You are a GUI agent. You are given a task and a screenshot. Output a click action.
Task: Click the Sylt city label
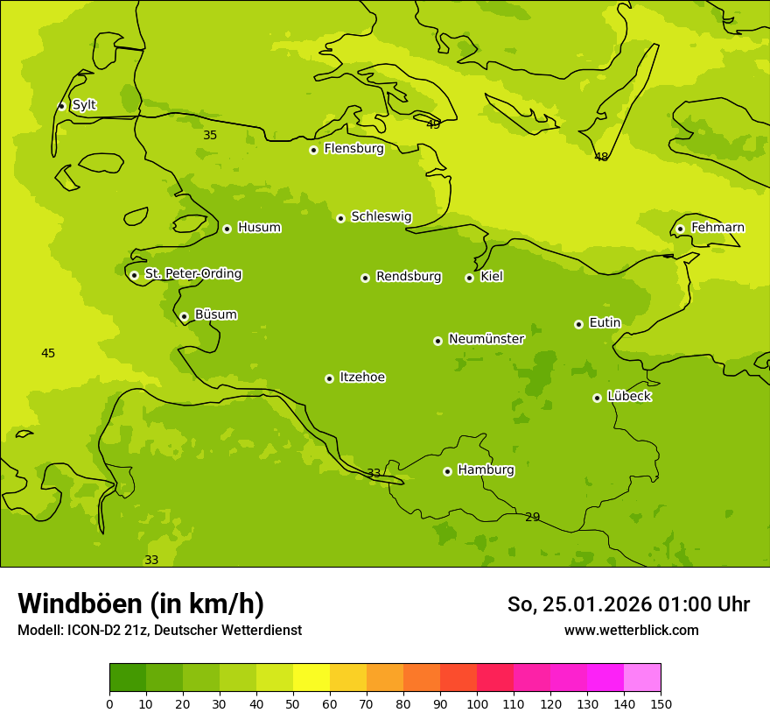tap(84, 105)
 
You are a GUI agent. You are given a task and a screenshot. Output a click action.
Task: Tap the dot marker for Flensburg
tap(313, 150)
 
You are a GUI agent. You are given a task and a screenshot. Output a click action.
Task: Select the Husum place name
tap(259, 228)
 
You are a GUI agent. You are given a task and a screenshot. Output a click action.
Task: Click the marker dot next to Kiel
tap(469, 278)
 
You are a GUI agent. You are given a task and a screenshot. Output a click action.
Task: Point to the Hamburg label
tap(486, 470)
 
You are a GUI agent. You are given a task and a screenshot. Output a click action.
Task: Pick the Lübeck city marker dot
tap(597, 398)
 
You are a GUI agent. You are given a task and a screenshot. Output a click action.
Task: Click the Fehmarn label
tap(717, 228)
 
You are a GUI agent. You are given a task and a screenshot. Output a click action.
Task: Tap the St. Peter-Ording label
tap(192, 274)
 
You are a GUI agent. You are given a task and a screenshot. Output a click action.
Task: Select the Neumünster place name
tap(486, 339)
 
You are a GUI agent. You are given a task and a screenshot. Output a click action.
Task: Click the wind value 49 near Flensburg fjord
tap(433, 124)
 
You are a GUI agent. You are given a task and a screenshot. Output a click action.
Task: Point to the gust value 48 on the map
tap(601, 157)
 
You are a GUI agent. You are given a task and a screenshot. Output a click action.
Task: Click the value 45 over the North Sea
tap(48, 353)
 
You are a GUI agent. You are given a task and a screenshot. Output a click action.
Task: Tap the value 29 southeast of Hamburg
tap(532, 517)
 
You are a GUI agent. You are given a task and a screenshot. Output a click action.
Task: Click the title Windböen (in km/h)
tap(141, 603)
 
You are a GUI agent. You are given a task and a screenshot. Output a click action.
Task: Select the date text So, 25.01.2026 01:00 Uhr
tap(628, 604)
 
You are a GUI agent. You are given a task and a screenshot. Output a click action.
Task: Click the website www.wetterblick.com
tap(631, 630)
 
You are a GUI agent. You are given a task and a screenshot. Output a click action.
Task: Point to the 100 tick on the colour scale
tap(477, 703)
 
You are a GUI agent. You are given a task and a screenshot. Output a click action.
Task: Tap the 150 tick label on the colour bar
tap(661, 703)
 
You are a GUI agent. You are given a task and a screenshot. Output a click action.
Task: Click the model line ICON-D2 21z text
tap(159, 631)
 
